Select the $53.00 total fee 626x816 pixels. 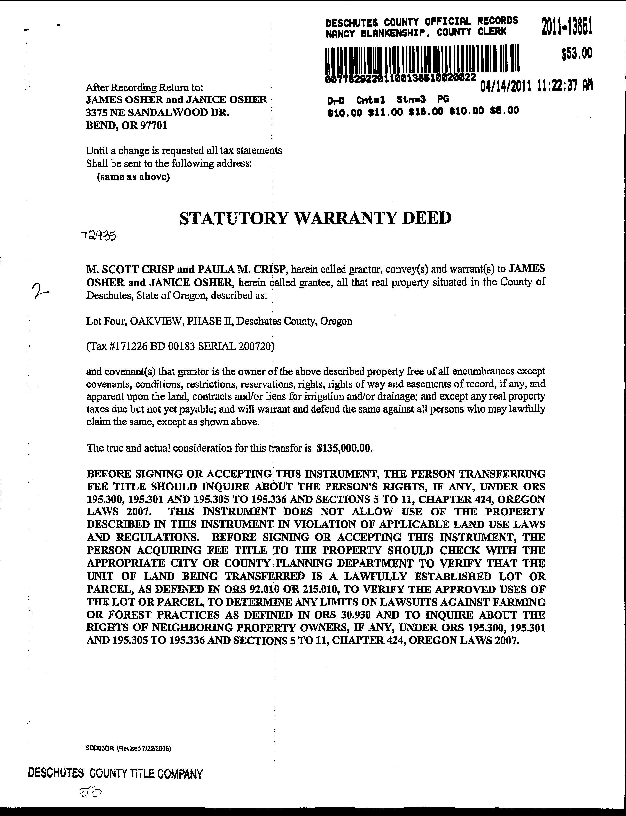coord(577,54)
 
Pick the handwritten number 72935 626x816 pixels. coord(98,236)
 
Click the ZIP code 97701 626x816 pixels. coord(153,125)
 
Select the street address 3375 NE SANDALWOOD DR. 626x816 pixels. coord(157,112)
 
